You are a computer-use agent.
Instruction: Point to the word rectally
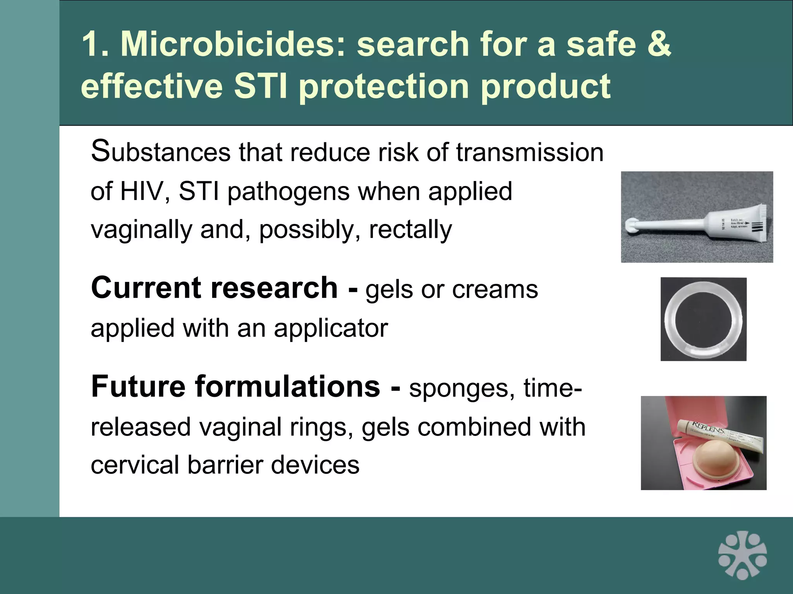coord(410,229)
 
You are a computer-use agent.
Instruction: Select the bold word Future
coord(139,386)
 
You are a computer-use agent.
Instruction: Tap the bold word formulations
coord(288,386)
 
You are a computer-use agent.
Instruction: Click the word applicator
coord(331,328)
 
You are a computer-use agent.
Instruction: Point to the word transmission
coord(530,152)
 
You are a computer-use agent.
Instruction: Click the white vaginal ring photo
coord(703,319)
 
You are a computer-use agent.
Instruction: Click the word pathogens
coord(288,192)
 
